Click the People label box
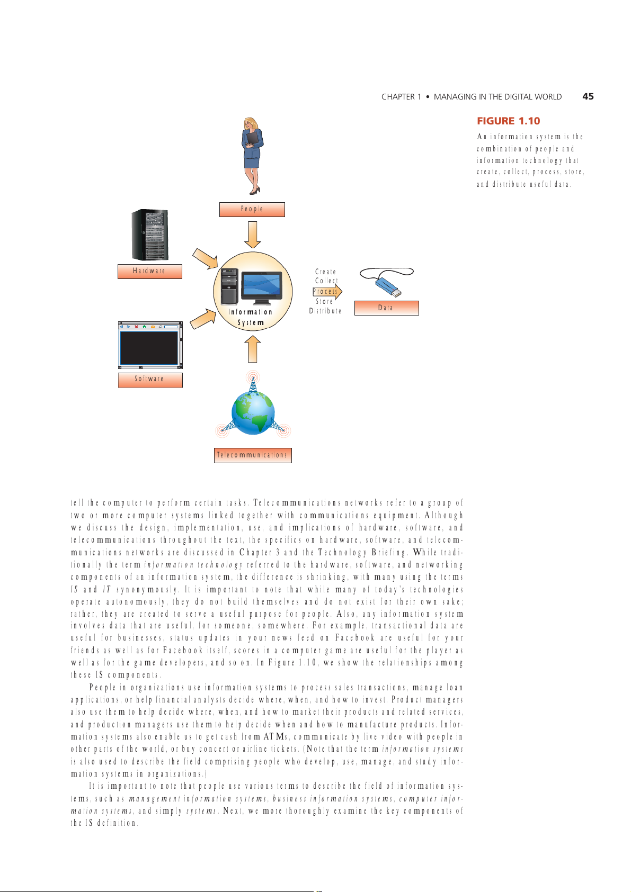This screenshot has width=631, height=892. coord(252,210)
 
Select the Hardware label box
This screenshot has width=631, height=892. coord(149,271)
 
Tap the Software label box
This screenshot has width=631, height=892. coord(150,380)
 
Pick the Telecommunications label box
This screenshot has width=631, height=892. coord(253,455)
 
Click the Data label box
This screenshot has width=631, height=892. coord(386,308)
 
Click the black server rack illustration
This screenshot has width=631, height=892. coord(150,235)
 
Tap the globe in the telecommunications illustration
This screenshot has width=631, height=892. coord(253,413)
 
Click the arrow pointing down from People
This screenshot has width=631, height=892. coord(253,235)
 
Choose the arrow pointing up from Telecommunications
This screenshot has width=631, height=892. coord(253,349)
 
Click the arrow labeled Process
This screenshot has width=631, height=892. coord(327,291)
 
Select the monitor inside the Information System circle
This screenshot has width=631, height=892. coord(261,286)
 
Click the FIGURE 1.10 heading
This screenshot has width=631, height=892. coord(508,121)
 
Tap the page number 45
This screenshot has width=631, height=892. coord(588,96)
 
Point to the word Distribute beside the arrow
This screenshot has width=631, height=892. coord(325,311)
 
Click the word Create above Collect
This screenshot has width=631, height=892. coord(325,272)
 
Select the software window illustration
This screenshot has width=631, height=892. coord(150,345)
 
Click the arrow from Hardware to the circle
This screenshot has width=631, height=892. coord(205,258)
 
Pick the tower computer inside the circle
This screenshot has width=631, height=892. coord(229,286)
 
